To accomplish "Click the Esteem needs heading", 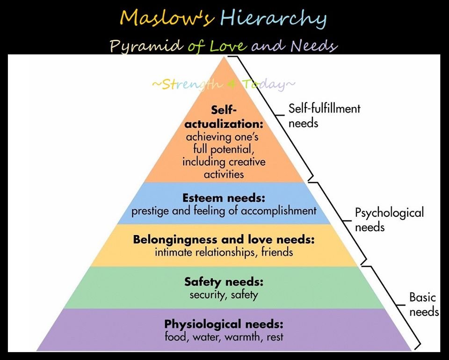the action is coord(224,198).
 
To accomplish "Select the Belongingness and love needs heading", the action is coord(224,240).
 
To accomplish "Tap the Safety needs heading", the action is coord(224,282).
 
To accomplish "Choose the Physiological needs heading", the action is coord(224,323).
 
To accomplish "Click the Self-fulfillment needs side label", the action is coord(324,116).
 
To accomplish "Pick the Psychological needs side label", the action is coord(389,220).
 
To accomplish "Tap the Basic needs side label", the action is coord(423,304).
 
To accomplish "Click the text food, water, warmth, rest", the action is coord(224,337).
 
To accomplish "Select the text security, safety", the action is coord(224,295).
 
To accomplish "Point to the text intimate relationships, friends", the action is coord(224,252).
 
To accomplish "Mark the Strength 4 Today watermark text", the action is coord(224,85).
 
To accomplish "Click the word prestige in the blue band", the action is coord(151,211).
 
